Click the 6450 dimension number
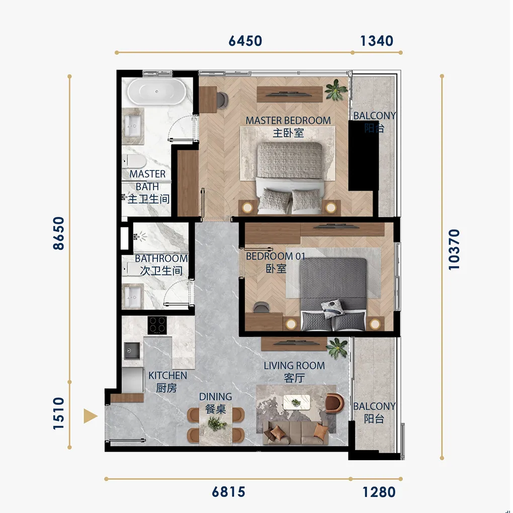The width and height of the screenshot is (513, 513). coord(245,41)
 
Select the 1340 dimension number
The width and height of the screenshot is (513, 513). coord(377,41)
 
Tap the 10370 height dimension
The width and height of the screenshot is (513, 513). coord(454,249)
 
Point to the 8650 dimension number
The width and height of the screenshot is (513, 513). coord(59,233)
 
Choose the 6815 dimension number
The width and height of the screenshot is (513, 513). coord(228,492)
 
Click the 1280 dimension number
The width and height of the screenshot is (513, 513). coord(379,492)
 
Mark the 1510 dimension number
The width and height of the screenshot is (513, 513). coord(59,413)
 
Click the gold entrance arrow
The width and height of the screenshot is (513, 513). coord(91,416)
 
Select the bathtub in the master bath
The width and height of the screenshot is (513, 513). coord(157,91)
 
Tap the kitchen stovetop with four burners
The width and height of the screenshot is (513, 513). coord(157,325)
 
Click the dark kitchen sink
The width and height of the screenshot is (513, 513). coord(132,351)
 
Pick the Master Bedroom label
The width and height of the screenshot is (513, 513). coord(288,126)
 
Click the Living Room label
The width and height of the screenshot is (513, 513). coord(294,372)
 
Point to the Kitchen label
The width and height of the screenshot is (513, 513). coord(167,381)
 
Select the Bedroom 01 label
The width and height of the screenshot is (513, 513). coord(276,262)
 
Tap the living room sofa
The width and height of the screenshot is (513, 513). coord(295,433)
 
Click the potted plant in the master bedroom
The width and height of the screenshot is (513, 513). coord(335,90)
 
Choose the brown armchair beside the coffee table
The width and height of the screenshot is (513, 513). coord(334,403)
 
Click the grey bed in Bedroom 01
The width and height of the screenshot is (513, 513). coord(333,294)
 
